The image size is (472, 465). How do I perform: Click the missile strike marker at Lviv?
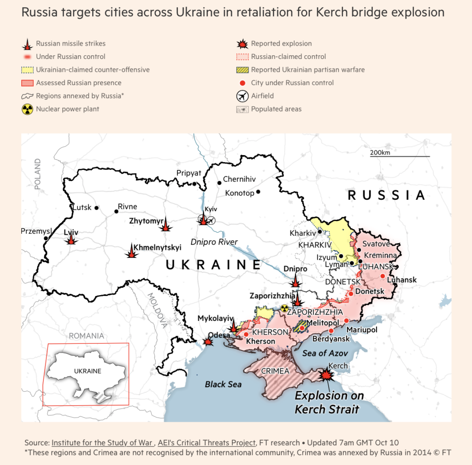(71, 238)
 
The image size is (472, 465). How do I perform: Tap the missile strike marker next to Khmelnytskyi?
(132, 251)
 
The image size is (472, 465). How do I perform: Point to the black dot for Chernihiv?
(219, 183)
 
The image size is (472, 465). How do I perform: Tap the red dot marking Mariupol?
(347, 320)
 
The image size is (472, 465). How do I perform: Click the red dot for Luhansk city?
(383, 276)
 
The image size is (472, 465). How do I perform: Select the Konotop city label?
(240, 193)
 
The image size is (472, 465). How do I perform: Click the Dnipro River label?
(214, 242)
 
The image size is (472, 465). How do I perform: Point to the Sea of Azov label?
(325, 353)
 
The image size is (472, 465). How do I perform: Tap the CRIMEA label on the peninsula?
(275, 371)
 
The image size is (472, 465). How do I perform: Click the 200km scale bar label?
(380, 152)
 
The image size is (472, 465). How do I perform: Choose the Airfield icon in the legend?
(242, 96)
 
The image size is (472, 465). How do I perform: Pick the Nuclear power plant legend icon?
(27, 110)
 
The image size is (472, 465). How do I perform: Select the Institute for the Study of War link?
(102, 443)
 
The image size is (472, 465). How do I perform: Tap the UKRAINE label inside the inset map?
(88, 371)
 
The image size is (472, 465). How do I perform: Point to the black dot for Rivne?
(116, 212)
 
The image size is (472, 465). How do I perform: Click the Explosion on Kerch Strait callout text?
(329, 402)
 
